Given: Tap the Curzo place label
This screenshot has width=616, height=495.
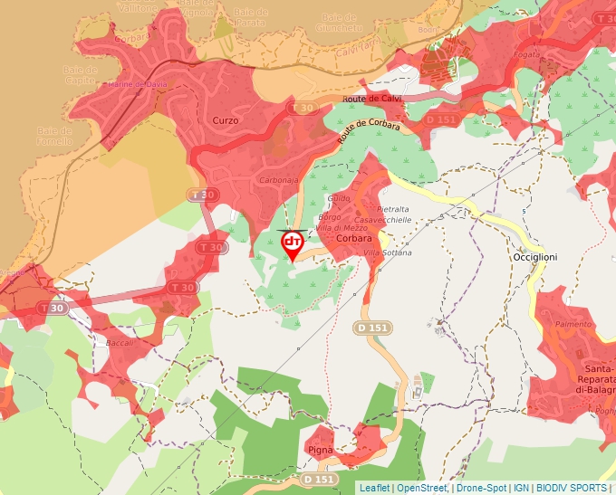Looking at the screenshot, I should tap(225, 120).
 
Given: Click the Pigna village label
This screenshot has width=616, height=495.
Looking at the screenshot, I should tap(321, 449).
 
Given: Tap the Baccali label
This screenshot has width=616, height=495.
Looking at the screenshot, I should tap(120, 343).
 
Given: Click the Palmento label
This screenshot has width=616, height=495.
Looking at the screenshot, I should tap(573, 324).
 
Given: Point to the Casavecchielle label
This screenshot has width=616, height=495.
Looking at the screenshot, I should tap(383, 220).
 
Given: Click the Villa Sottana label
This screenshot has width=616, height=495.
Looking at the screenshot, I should tap(387, 252).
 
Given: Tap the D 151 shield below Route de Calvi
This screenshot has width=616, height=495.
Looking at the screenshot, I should tap(441, 119).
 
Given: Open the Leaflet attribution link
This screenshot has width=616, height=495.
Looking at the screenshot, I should tap(374, 488).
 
